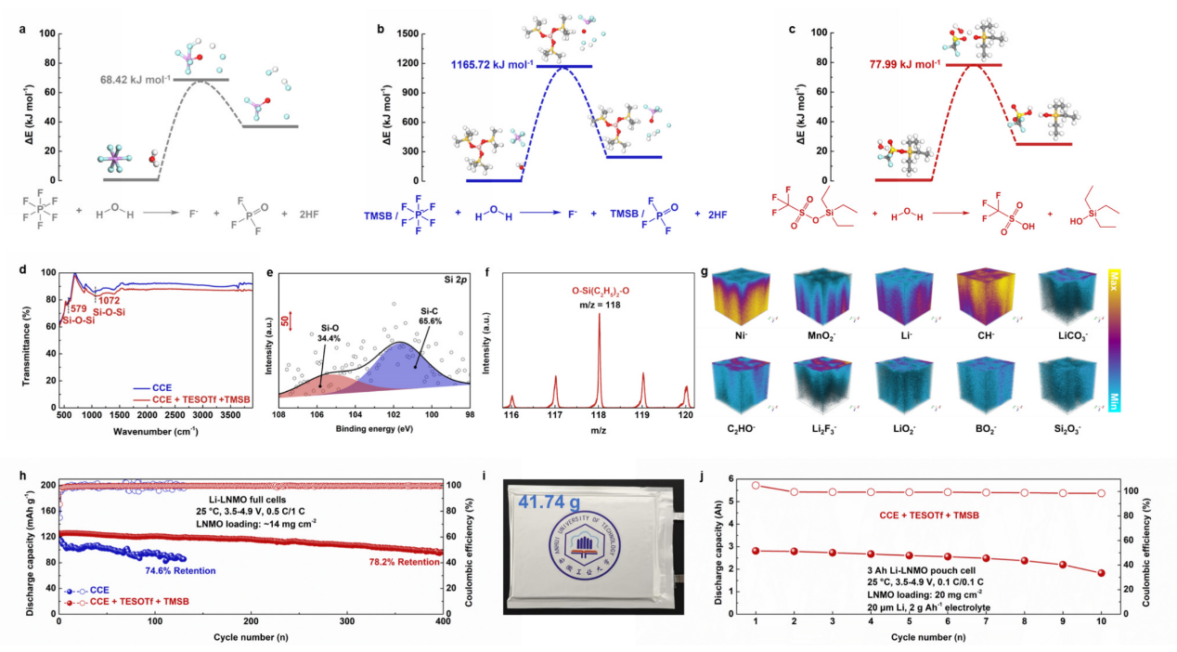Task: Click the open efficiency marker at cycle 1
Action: tap(756, 485)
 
